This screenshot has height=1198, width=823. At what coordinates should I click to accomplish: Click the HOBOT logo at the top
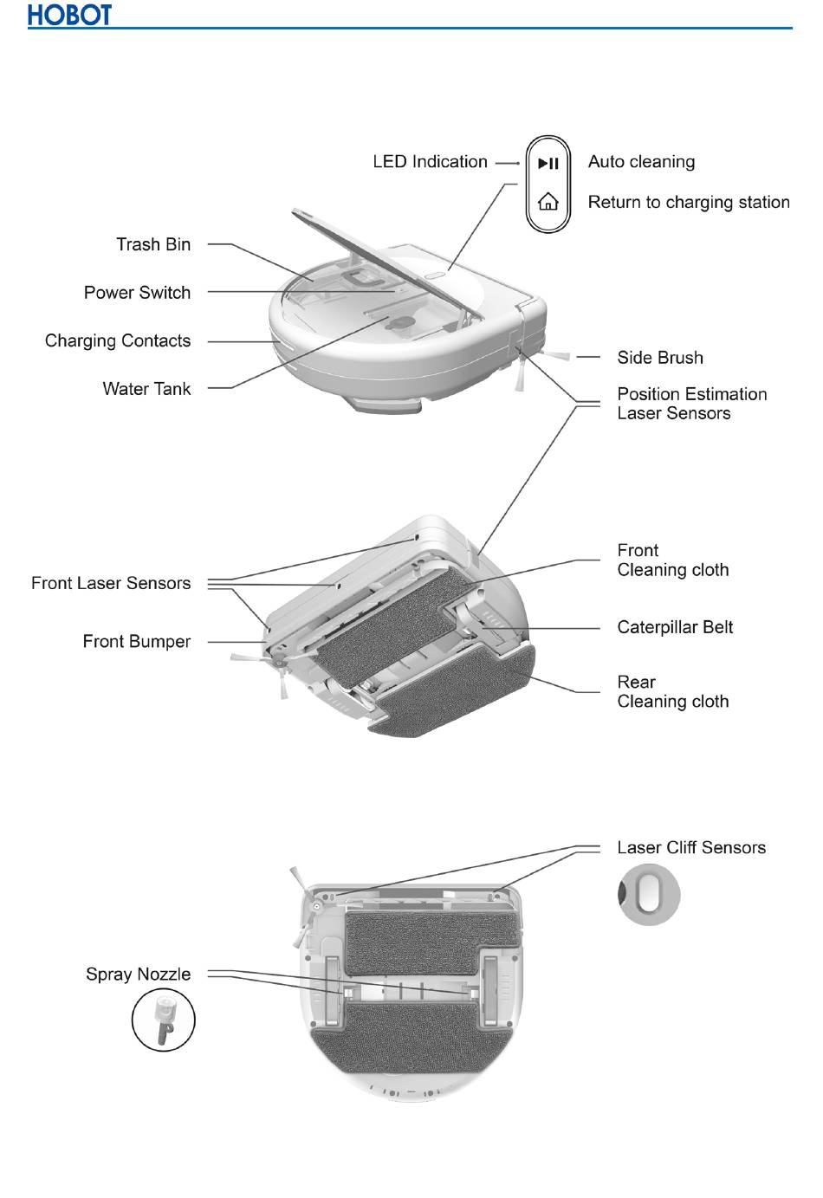pyautogui.click(x=69, y=16)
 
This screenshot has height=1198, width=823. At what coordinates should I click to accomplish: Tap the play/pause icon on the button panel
pyautogui.click(x=548, y=163)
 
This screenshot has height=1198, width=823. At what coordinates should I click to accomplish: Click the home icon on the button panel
pyautogui.click(x=548, y=203)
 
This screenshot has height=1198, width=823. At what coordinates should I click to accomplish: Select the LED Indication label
pyautogui.click(x=430, y=162)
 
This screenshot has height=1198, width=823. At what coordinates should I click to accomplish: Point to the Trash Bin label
pyautogui.click(x=153, y=244)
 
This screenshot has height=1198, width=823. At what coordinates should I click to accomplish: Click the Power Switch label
pyautogui.click(x=137, y=293)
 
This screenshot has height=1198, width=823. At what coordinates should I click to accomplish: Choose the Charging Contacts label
pyautogui.click(x=118, y=340)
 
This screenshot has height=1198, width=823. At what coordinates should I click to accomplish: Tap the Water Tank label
pyautogui.click(x=146, y=389)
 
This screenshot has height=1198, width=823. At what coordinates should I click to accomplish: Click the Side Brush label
pyautogui.click(x=660, y=358)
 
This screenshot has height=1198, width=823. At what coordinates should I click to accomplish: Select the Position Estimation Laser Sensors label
pyautogui.click(x=691, y=404)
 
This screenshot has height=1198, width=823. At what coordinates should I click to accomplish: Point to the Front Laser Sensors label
pyautogui.click(x=111, y=583)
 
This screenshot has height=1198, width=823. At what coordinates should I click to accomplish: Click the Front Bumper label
pyautogui.click(x=136, y=642)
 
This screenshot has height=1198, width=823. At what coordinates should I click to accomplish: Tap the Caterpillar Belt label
pyautogui.click(x=675, y=627)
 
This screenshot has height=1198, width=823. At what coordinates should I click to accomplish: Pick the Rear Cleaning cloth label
pyautogui.click(x=672, y=692)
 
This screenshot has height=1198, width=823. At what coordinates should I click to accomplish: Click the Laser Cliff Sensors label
pyautogui.click(x=691, y=847)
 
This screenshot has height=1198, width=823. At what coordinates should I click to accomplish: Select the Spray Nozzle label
pyautogui.click(x=138, y=975)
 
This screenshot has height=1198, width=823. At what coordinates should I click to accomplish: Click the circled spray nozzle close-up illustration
pyautogui.click(x=164, y=1020)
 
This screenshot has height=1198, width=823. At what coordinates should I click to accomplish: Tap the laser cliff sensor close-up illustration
pyautogui.click(x=649, y=895)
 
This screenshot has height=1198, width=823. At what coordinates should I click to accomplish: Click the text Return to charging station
pyautogui.click(x=689, y=203)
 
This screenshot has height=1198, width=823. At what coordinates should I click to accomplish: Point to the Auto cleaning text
pyautogui.click(x=641, y=162)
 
